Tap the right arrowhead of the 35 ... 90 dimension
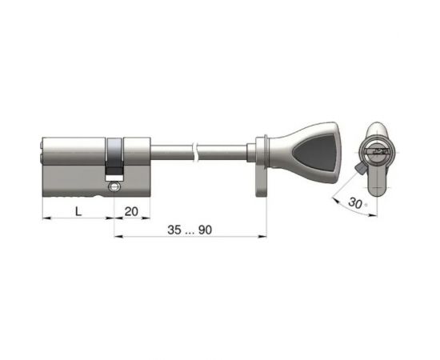click(263, 236)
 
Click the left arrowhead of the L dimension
click(45, 217)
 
